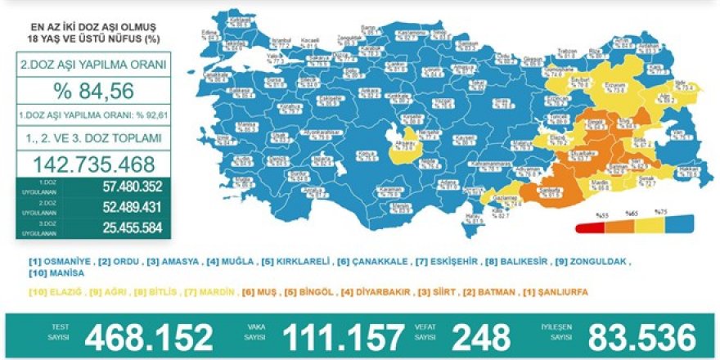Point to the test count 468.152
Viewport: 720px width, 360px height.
tap(149, 335)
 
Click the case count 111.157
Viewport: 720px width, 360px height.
tap(343, 335)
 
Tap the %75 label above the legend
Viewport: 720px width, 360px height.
tap(664, 214)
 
